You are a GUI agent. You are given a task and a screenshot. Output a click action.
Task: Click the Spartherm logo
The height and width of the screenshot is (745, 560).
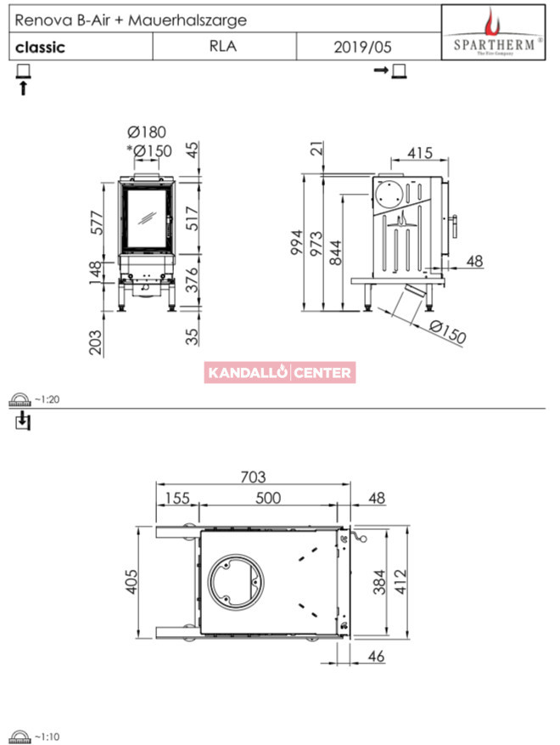click(x=494, y=32)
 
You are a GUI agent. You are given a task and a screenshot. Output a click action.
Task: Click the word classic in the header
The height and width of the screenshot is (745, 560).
click(x=40, y=47)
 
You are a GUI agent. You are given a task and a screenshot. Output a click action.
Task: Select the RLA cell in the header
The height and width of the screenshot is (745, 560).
click(x=223, y=46)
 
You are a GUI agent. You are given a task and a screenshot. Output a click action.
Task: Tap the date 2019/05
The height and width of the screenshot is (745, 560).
click(x=362, y=47)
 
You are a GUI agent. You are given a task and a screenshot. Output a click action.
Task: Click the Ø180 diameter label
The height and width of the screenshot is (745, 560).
click(x=147, y=132)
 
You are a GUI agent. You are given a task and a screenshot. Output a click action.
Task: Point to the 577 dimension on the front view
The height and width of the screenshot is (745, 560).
click(x=97, y=223)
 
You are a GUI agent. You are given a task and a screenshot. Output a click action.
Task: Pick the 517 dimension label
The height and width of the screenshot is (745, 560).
click(x=193, y=218)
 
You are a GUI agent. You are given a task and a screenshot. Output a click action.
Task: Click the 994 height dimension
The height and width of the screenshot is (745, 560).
click(x=297, y=242)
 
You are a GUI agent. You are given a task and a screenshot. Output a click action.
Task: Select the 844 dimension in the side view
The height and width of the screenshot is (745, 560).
click(x=335, y=252)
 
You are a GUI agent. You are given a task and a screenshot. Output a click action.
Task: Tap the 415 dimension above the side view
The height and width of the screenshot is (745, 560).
click(x=420, y=153)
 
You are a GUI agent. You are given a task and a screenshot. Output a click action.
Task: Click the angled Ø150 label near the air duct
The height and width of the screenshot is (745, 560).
click(x=447, y=331)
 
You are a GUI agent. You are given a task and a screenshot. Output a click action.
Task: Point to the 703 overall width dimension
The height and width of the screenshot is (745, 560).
click(x=253, y=477)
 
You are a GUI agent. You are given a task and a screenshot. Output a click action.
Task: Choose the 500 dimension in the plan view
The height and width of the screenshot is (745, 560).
click(x=268, y=498)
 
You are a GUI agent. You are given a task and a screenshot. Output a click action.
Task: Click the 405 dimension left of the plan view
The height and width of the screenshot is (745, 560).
click(x=131, y=582)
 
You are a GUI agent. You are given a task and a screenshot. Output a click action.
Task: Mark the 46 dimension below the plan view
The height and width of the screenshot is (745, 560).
click(x=376, y=656)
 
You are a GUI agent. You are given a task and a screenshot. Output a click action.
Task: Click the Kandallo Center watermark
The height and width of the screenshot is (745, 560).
click(x=280, y=372)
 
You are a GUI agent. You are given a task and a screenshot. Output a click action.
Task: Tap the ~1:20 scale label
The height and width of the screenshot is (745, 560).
click(x=47, y=399)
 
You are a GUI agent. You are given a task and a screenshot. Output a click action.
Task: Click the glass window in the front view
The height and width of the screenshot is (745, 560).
click(x=147, y=218)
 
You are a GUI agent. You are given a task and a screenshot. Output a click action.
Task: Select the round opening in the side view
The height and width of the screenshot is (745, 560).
click(x=389, y=195)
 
